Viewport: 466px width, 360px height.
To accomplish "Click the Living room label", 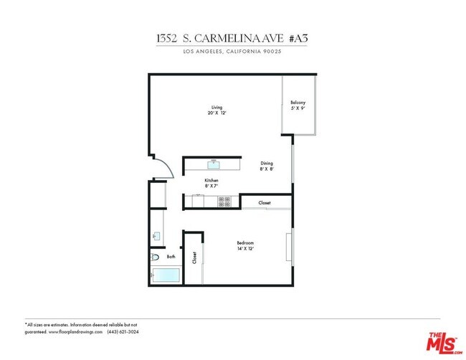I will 216,107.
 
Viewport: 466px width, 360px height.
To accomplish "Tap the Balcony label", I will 298,103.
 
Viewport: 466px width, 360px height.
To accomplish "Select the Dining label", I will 266,164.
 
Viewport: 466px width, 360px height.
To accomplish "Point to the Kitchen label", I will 211,180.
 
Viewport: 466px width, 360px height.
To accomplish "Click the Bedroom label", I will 245,243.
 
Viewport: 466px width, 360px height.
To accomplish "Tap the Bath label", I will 171,257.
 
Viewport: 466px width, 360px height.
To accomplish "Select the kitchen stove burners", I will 224,201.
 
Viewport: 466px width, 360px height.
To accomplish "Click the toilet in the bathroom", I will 155,257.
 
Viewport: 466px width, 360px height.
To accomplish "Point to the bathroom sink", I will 154,235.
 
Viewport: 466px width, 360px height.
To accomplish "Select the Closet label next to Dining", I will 265,203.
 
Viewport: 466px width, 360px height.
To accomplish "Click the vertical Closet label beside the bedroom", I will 194,258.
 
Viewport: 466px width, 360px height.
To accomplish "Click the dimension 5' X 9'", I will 298,109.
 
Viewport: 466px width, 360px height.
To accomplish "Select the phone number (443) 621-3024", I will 123,332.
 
